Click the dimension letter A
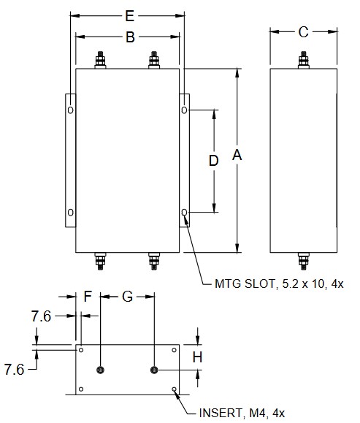pyautogui.click(x=237, y=155)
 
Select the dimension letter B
pyautogui.click(x=129, y=37)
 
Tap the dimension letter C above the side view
pyautogui.click(x=303, y=31)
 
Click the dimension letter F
pyautogui.click(x=88, y=297)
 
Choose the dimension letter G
pyautogui.click(x=127, y=297)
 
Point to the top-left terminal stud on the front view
pyautogui.click(x=100, y=61)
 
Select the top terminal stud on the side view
pyautogui.click(x=303, y=61)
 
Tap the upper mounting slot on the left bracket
pyautogui.click(x=70, y=110)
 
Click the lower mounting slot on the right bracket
pyautogui.click(x=184, y=213)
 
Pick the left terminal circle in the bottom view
pyautogui.click(x=101, y=370)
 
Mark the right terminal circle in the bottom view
pyautogui.click(x=154, y=370)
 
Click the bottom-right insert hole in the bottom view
pyautogui.click(x=174, y=389)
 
